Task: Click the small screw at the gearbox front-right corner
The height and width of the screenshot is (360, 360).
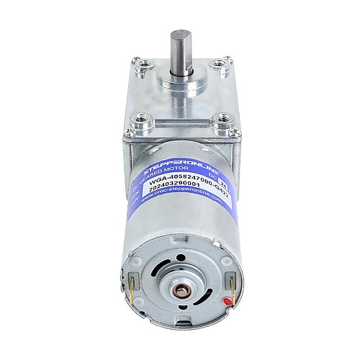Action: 230,138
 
